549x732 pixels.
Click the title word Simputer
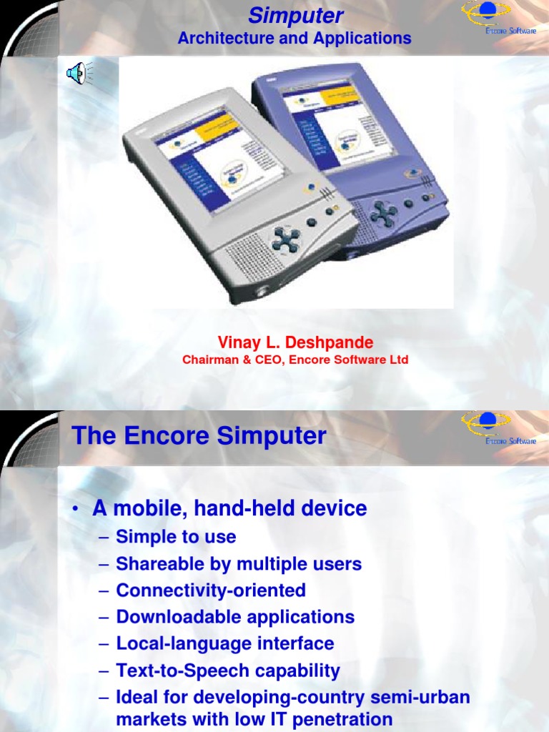pyautogui.click(x=295, y=16)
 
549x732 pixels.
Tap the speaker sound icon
pyautogui.click(x=76, y=73)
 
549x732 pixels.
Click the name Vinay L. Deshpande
pyautogui.click(x=295, y=342)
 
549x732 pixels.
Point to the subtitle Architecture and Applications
pyautogui.click(x=295, y=38)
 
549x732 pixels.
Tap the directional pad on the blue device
pyautogui.click(x=384, y=212)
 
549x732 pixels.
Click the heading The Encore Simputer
pyautogui.click(x=199, y=436)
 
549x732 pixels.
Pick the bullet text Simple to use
pyautogui.click(x=176, y=536)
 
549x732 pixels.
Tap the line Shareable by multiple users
pyautogui.click(x=239, y=563)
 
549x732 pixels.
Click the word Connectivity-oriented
pyautogui.click(x=211, y=590)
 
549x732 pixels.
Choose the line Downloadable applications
pyautogui.click(x=235, y=617)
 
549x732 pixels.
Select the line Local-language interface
pyautogui.click(x=225, y=643)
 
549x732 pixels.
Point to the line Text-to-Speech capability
pyautogui.click(x=228, y=671)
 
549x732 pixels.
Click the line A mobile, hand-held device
pyautogui.click(x=229, y=508)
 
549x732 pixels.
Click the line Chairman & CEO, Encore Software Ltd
pyautogui.click(x=295, y=360)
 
